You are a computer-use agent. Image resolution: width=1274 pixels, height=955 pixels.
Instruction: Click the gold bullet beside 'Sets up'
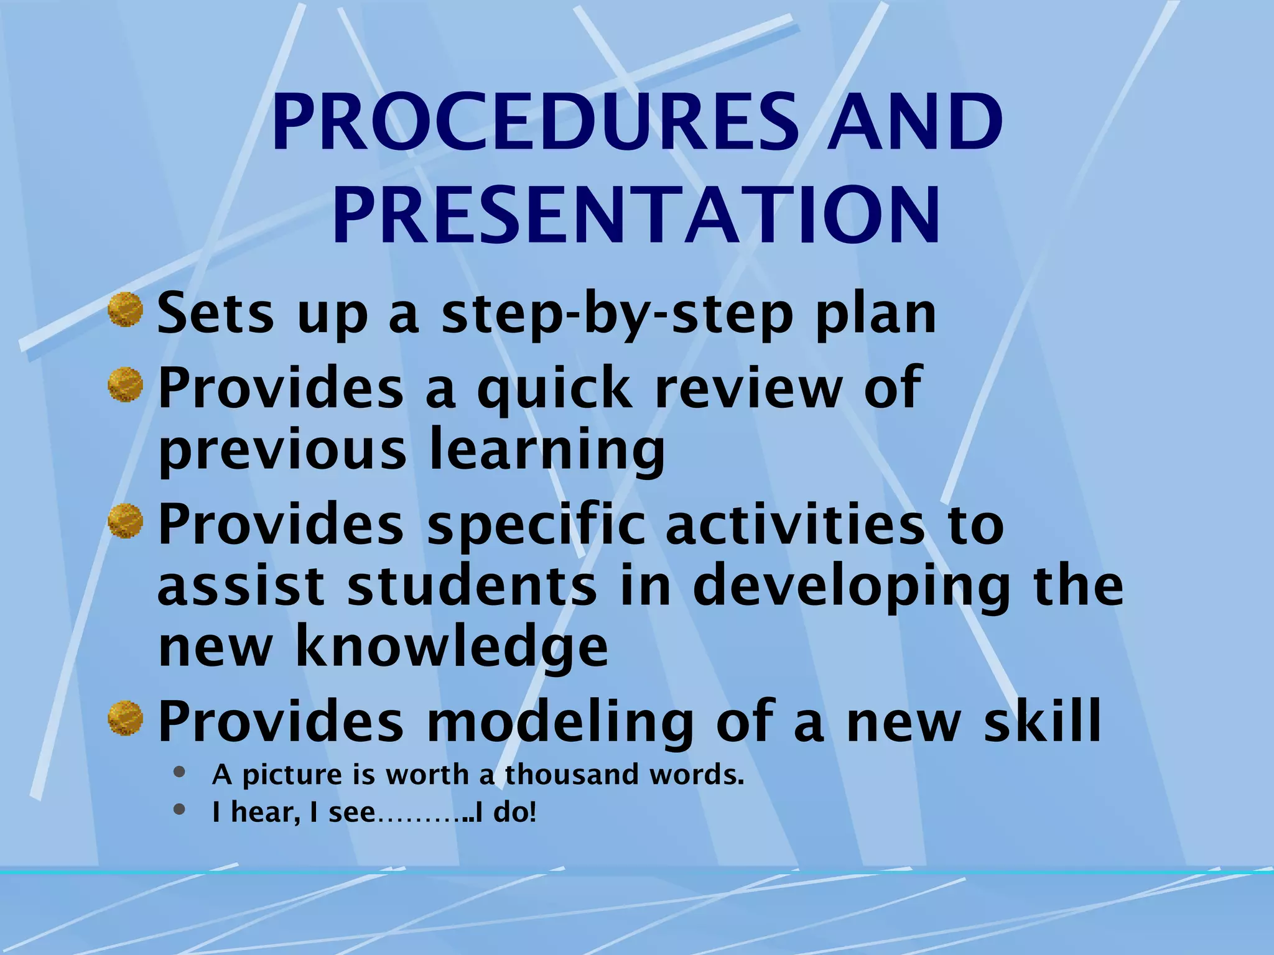point(126,310)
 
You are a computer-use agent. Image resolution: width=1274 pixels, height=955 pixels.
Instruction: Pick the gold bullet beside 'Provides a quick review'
point(126,385)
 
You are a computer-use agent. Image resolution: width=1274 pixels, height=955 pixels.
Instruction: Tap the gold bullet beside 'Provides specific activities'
point(126,522)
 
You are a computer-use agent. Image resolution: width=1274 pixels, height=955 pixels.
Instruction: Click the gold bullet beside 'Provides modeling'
point(126,719)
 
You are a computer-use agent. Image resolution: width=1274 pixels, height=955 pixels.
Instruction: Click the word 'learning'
point(547,451)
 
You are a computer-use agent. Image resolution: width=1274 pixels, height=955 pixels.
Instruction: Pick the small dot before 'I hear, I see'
point(180,809)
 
